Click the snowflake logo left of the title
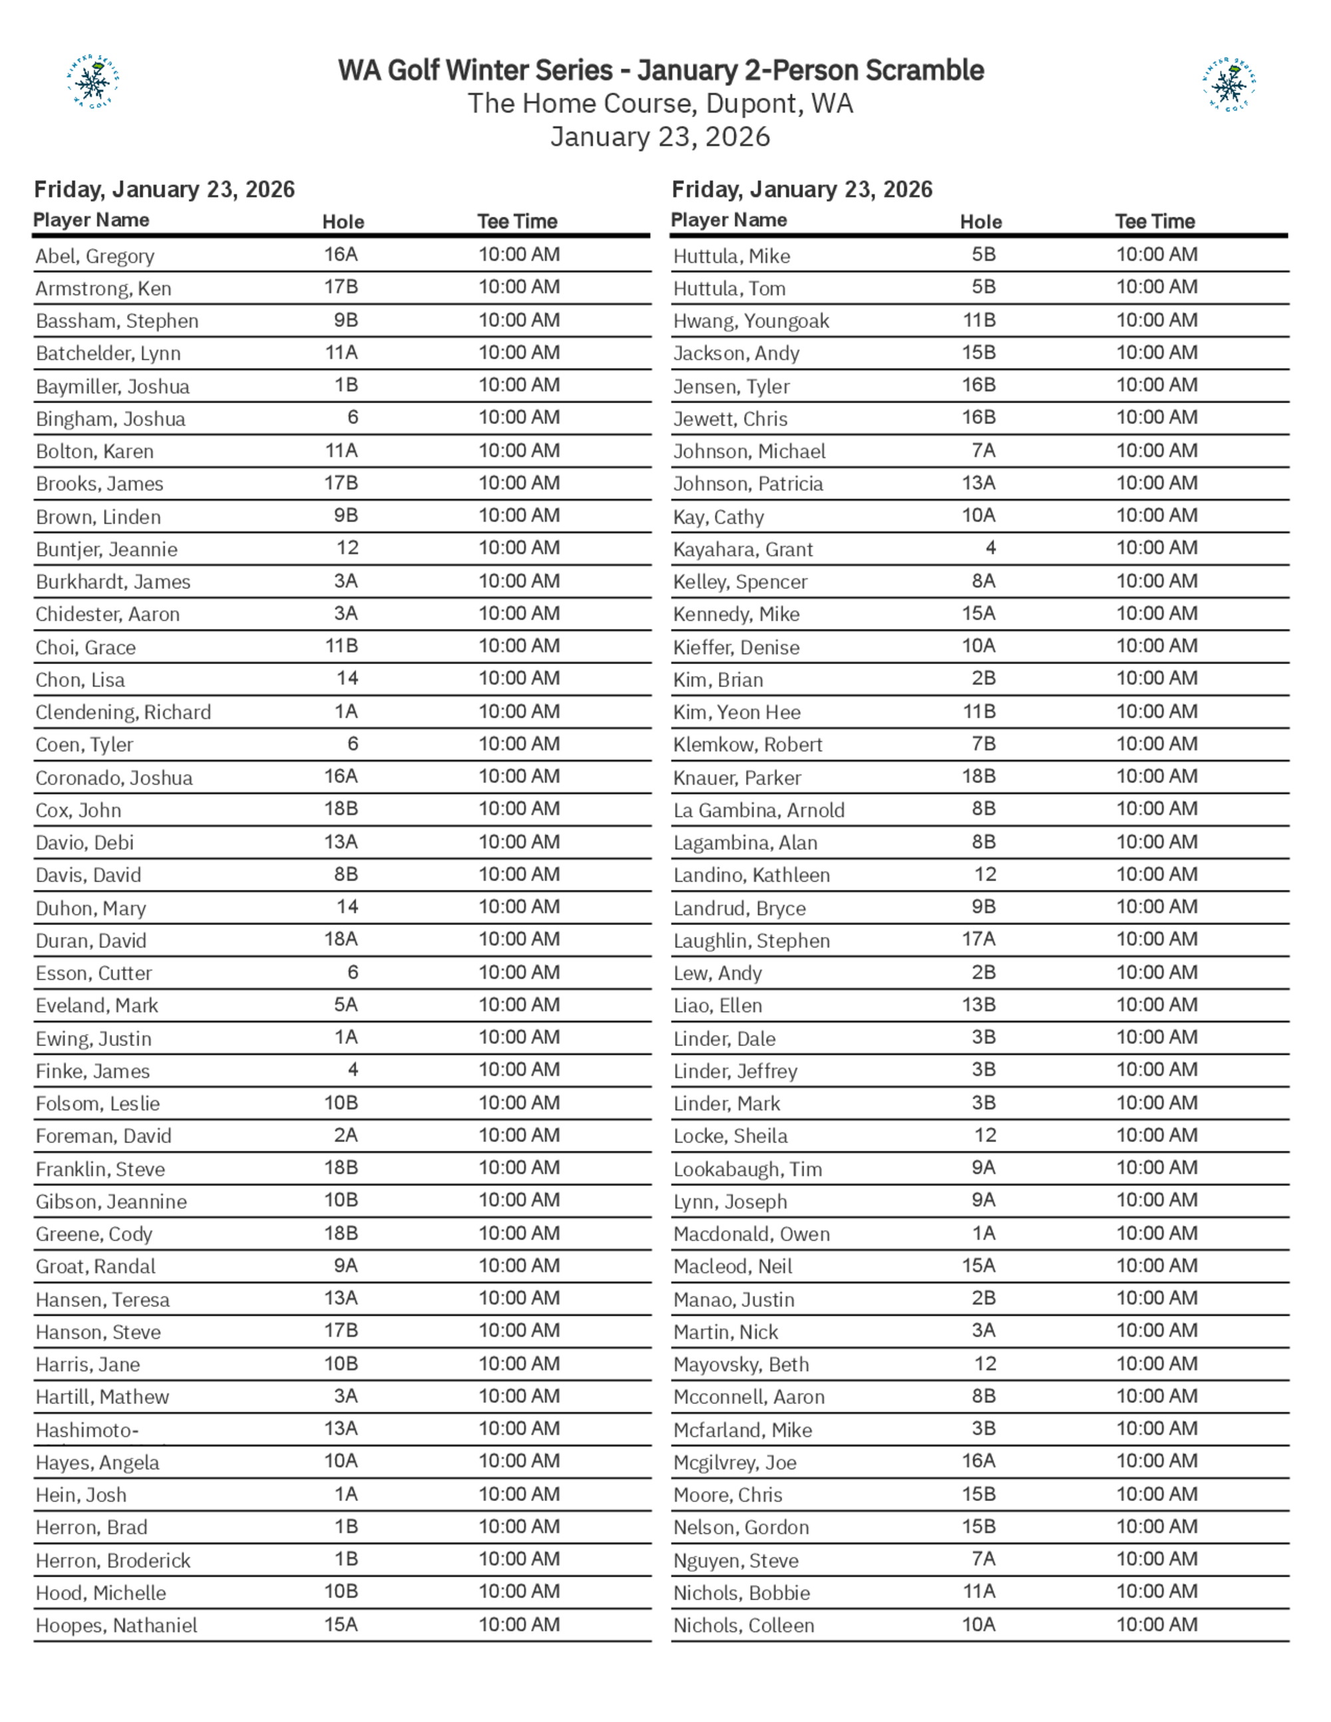(x=93, y=81)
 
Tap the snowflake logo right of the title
(x=1229, y=84)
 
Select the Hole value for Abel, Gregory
(x=341, y=255)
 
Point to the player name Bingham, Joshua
(x=110, y=419)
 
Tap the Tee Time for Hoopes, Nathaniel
(x=519, y=1624)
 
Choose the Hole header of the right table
(x=981, y=222)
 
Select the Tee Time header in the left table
(x=517, y=222)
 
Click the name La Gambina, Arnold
(x=759, y=810)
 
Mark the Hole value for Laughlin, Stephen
(x=978, y=939)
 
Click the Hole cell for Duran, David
(x=341, y=939)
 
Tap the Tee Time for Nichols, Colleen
(x=1157, y=1624)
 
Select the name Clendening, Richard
(x=123, y=712)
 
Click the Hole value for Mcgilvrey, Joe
(x=978, y=1461)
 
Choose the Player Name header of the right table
(x=729, y=220)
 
